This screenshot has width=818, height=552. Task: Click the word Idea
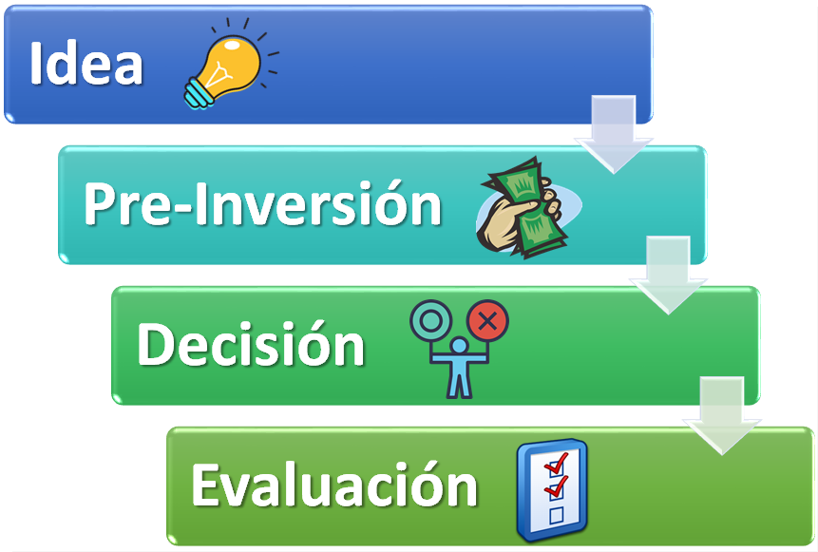click(86, 65)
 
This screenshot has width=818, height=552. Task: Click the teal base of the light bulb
click(199, 91)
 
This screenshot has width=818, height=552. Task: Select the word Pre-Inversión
click(263, 203)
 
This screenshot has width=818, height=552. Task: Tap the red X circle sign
click(487, 321)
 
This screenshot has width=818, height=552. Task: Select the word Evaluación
click(333, 485)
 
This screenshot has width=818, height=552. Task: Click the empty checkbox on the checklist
click(556, 514)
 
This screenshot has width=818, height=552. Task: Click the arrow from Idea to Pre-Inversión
click(613, 133)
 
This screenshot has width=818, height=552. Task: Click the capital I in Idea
click(36, 65)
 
